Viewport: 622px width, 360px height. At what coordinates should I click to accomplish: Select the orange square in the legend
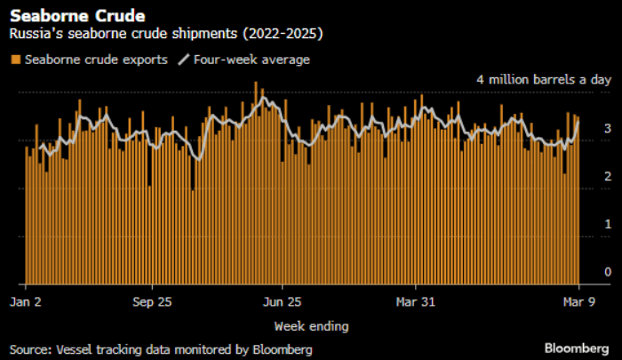coord(16,60)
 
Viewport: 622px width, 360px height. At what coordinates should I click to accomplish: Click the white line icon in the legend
coord(185,60)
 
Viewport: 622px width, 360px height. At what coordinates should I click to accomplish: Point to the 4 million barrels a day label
coord(544,80)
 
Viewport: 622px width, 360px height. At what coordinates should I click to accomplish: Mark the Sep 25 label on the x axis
coord(151,301)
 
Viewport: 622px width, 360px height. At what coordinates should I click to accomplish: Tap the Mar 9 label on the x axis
coord(578,301)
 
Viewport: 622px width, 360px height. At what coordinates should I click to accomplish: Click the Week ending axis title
coord(311,326)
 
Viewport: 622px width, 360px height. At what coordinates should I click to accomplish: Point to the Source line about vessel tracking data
coord(161,349)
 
